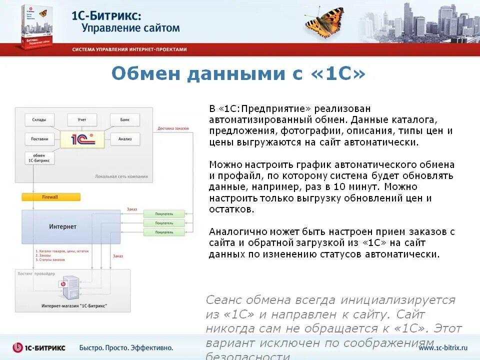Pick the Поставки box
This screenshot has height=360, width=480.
(x=39, y=139)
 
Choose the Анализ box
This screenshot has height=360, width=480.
(x=124, y=139)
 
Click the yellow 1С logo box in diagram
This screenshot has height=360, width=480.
(x=82, y=138)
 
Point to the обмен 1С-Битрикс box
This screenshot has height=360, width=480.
(x=39, y=158)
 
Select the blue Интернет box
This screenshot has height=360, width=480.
(x=63, y=226)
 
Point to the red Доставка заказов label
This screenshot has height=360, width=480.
(x=173, y=128)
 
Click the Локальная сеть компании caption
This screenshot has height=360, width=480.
(x=121, y=176)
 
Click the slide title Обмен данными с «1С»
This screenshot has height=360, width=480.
(x=238, y=74)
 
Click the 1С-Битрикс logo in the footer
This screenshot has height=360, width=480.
(x=39, y=347)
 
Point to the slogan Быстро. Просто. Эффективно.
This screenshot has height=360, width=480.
(x=126, y=347)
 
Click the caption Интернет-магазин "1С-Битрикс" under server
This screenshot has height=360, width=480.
(x=75, y=305)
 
